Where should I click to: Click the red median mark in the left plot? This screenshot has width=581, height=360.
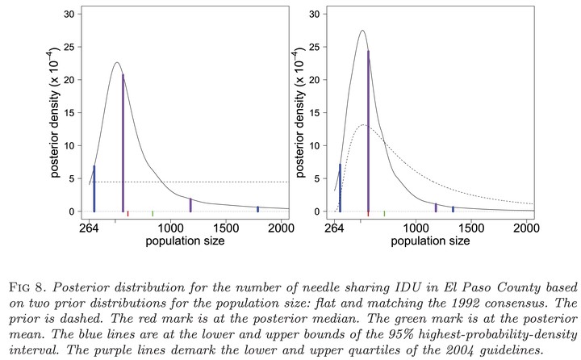click(127, 214)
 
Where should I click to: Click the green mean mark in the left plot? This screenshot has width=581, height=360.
click(153, 214)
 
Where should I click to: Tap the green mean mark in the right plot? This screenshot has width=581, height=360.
click(384, 214)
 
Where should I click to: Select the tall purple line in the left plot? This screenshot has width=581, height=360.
click(123, 143)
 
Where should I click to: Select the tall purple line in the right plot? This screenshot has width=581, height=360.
click(368, 132)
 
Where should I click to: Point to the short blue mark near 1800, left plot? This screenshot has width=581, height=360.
click(258, 210)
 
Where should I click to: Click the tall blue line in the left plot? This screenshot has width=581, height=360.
click(94, 189)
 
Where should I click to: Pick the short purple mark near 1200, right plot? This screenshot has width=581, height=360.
click(436, 207)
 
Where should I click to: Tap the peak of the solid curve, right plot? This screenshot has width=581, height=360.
click(362, 31)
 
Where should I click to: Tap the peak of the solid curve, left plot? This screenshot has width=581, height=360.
click(117, 62)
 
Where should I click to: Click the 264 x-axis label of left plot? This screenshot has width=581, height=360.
click(90, 228)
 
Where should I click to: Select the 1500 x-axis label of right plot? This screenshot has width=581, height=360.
click(471, 228)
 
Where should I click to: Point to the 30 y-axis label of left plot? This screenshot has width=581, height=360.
click(69, 14)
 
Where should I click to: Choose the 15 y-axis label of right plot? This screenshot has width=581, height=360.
click(315, 113)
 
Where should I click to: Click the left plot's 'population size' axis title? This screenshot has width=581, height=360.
click(186, 241)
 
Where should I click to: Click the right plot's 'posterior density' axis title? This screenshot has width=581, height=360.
click(300, 113)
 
